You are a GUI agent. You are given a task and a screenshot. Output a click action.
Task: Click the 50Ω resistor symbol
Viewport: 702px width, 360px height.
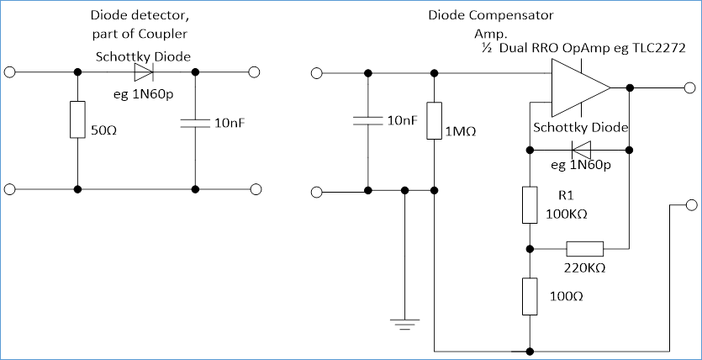77,120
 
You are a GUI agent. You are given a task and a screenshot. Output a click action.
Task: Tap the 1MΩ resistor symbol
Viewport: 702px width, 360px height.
435,119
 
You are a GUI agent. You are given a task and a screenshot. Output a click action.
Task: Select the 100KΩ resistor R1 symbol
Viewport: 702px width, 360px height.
529,205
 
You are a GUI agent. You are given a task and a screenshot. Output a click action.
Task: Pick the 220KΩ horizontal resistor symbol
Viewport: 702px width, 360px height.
584,249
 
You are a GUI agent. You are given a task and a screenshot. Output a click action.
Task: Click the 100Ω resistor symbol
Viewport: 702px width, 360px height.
529,297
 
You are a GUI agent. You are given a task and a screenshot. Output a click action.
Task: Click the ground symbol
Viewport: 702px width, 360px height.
405,320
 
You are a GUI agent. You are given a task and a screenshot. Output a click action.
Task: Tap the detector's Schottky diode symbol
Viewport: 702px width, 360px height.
144,72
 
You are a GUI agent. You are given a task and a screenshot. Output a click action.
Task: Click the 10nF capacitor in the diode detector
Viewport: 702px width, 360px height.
195,123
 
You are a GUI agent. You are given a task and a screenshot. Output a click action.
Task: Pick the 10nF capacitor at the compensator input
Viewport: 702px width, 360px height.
367,120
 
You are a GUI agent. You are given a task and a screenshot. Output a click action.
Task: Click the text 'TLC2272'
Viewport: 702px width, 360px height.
657,50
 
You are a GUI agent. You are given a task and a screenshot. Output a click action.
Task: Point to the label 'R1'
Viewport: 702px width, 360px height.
567,195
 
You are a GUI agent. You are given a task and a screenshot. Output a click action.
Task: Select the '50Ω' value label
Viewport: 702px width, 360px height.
106,131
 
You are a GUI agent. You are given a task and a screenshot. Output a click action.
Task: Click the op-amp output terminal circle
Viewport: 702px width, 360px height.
689,87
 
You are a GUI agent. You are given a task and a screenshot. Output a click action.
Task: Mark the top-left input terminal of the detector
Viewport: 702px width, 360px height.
10,72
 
